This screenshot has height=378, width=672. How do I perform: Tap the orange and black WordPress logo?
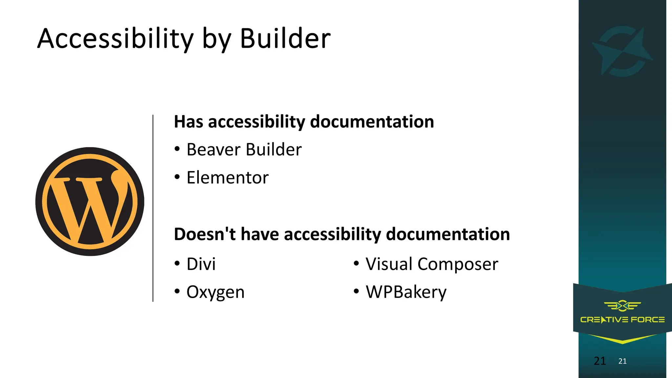point(90,201)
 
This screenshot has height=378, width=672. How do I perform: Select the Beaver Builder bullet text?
point(244,150)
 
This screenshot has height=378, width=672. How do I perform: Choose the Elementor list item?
point(227,178)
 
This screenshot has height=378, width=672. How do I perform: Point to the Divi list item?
point(201,264)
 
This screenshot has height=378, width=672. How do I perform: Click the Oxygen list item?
point(215,292)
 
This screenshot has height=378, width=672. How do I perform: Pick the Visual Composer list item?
point(432,264)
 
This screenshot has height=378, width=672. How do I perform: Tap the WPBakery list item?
point(406,292)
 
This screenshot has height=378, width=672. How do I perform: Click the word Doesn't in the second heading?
point(204,234)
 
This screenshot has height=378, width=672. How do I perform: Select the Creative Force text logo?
point(622,320)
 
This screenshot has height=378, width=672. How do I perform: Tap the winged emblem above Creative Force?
point(622,306)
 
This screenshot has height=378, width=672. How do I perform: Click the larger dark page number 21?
point(600,361)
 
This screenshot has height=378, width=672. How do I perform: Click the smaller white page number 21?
point(622,361)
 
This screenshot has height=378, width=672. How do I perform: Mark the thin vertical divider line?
point(153,208)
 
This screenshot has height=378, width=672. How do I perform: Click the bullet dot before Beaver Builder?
point(177,149)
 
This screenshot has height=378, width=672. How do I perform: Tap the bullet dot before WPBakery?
point(356,291)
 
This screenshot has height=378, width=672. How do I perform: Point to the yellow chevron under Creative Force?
point(622,339)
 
